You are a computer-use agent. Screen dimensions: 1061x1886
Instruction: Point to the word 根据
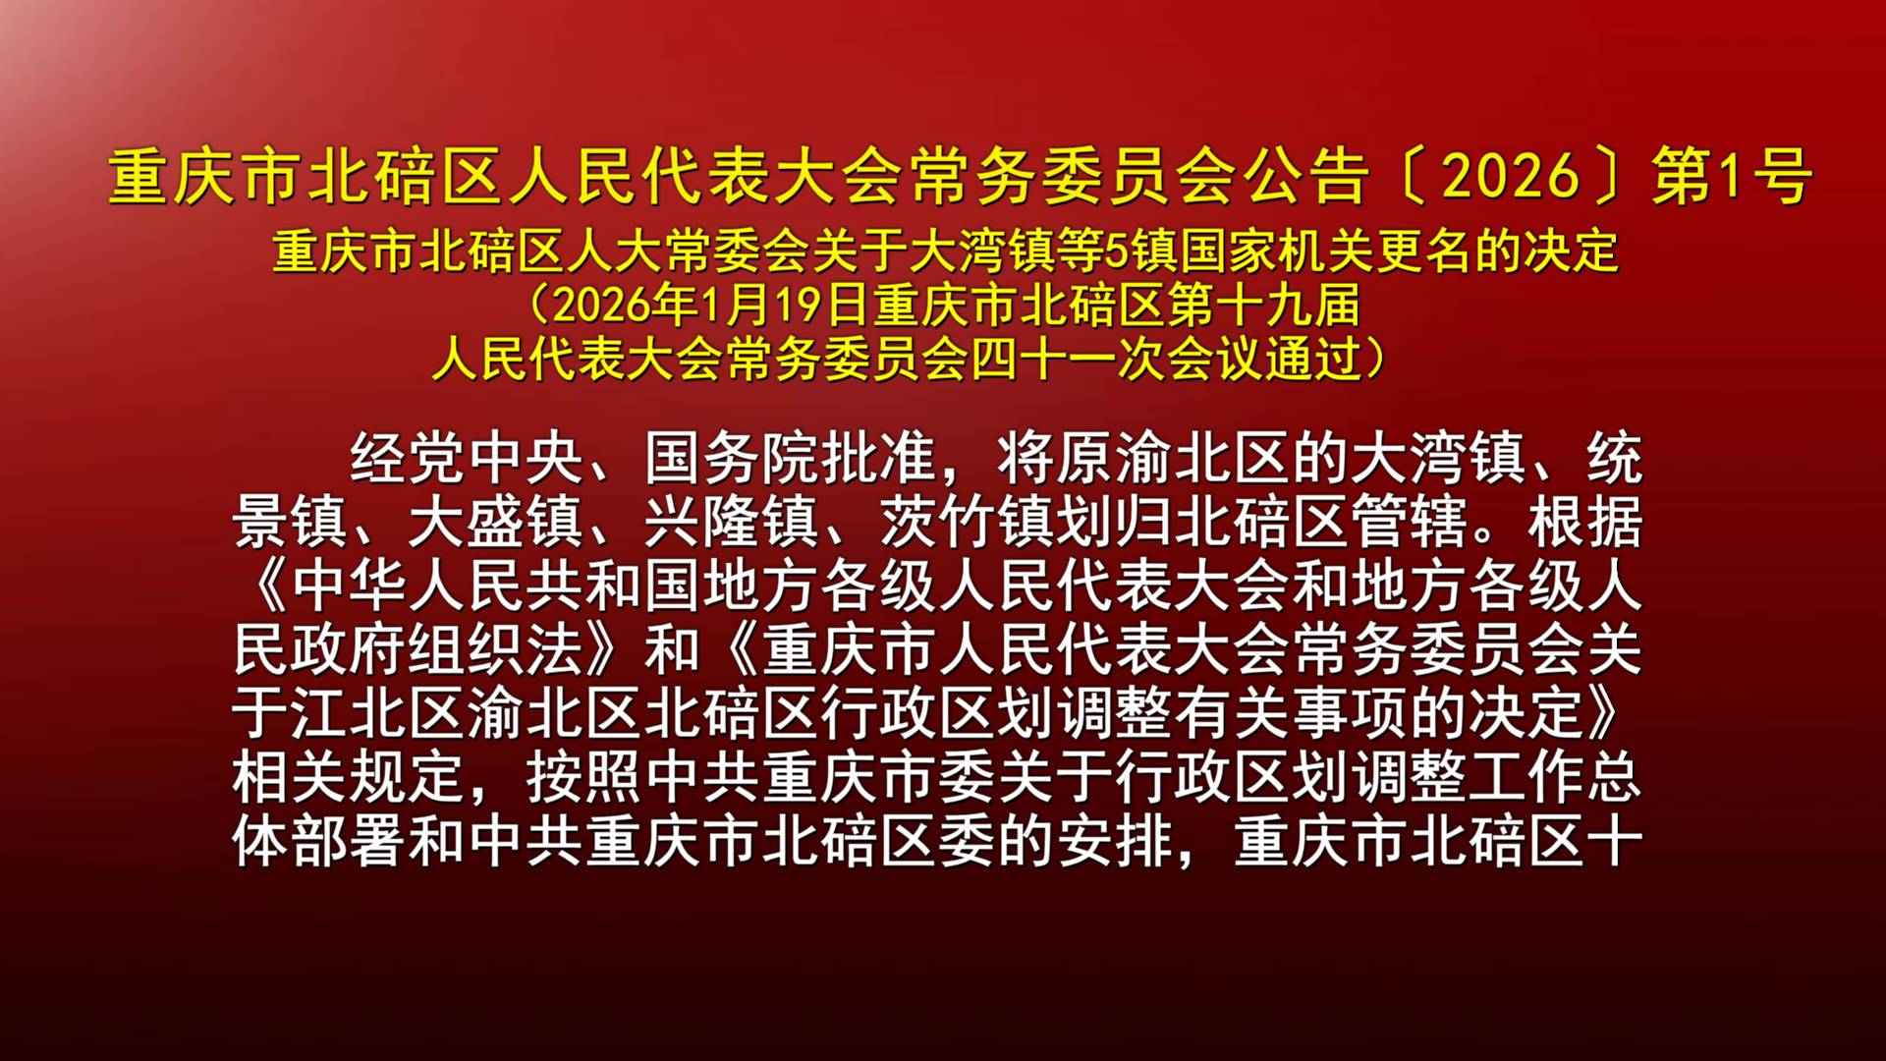pos(1585,522)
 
